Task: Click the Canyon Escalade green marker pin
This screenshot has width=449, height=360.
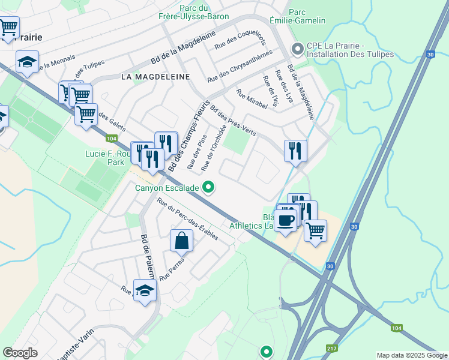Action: pos(208,188)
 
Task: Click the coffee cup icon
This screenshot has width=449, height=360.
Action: pos(286,220)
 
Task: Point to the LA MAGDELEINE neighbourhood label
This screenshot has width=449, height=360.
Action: pos(155,77)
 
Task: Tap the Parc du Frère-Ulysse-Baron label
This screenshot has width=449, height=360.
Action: pos(196,12)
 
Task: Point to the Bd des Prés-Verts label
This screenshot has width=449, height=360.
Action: pos(234,121)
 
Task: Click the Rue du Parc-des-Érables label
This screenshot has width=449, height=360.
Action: pos(187,220)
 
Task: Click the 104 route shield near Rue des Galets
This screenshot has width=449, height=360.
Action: pos(110,139)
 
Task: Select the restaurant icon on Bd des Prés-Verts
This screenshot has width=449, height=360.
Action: pos(295,151)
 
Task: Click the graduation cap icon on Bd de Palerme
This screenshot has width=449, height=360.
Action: pos(145,291)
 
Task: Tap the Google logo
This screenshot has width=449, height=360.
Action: pos(20,353)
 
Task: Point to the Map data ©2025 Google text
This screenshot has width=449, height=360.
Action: pos(412,355)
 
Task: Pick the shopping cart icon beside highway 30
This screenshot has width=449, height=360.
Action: pos(315,230)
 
